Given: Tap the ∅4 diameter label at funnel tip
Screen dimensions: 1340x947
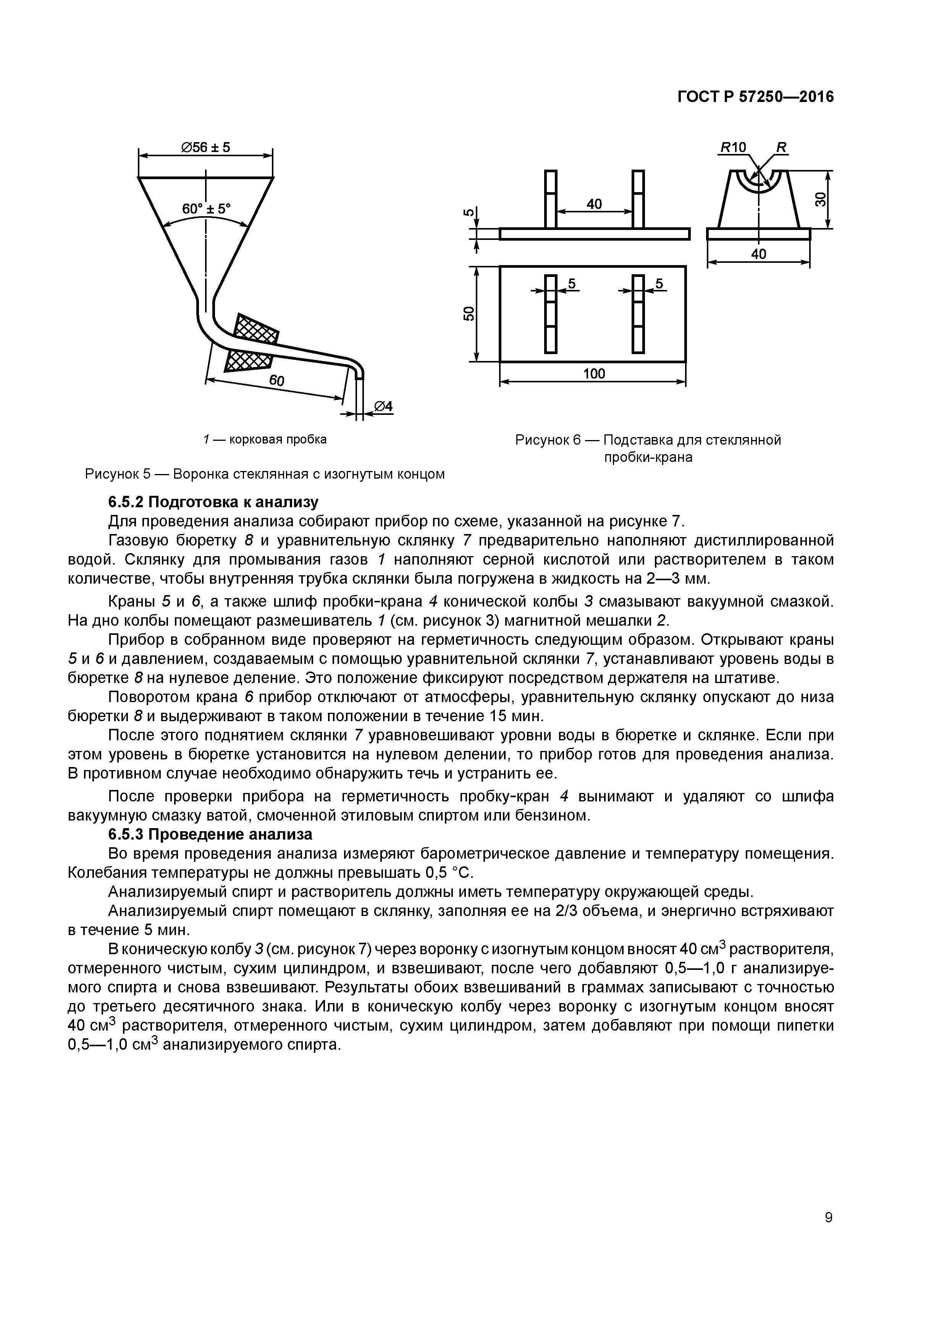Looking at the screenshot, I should tap(383, 406).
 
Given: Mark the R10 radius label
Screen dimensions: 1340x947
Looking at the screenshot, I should tap(734, 148).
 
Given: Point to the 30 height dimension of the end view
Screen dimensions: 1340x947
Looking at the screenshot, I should tap(820, 200).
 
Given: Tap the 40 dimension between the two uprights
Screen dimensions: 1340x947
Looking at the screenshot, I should tap(594, 204).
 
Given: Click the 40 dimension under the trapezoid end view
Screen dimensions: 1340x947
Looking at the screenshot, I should tap(758, 254).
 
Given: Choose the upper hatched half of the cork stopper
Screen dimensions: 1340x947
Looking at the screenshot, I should tap(257, 330).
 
